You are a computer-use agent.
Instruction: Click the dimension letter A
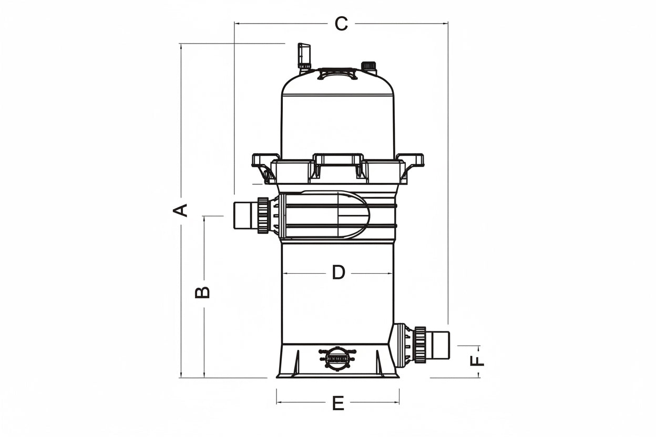180,211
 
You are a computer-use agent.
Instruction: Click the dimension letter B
202,292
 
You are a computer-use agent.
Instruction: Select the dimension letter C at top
341,24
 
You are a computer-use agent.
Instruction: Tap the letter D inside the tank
339,272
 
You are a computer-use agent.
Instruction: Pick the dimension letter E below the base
339,403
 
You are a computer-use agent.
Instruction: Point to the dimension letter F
477,361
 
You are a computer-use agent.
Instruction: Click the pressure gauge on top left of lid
304,56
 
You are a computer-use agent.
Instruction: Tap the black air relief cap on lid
368,66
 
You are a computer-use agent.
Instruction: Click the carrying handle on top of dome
337,73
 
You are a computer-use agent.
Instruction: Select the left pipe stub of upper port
246,216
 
